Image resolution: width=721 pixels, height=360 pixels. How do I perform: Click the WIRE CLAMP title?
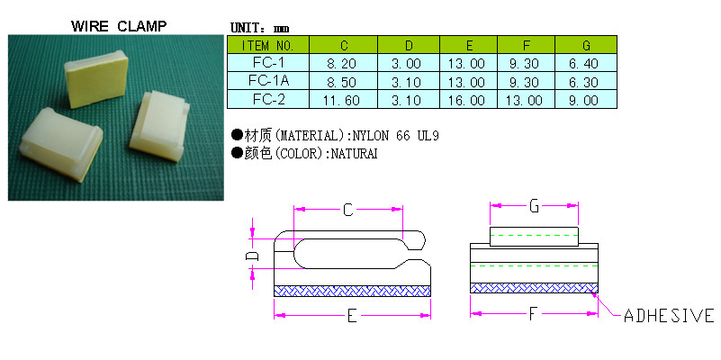(x=119, y=26)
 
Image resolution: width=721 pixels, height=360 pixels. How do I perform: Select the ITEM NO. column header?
(x=267, y=46)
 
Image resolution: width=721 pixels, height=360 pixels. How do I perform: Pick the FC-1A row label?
(x=268, y=81)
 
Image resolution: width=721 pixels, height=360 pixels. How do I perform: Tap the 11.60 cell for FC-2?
(x=341, y=100)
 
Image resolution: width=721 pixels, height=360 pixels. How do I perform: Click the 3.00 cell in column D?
(x=406, y=63)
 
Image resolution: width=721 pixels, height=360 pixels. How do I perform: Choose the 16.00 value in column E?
(x=466, y=100)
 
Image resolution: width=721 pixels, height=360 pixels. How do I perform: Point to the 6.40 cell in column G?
(x=583, y=63)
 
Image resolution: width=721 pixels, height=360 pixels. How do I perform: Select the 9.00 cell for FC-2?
(x=583, y=100)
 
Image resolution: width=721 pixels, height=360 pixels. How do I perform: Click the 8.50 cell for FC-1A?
(x=341, y=82)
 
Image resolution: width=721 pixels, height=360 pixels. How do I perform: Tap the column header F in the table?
(x=527, y=46)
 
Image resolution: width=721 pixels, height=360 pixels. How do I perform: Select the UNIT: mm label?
(x=260, y=28)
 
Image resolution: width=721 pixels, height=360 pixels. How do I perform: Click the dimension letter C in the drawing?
(x=348, y=210)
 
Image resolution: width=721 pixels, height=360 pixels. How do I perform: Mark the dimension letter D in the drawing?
(x=252, y=256)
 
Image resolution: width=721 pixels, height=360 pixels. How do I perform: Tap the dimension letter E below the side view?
(x=352, y=316)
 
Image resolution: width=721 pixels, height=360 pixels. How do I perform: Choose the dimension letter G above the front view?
(x=534, y=206)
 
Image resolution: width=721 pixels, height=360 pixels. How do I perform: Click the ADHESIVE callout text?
(x=669, y=316)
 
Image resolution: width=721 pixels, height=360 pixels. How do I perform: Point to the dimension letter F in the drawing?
(x=533, y=314)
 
